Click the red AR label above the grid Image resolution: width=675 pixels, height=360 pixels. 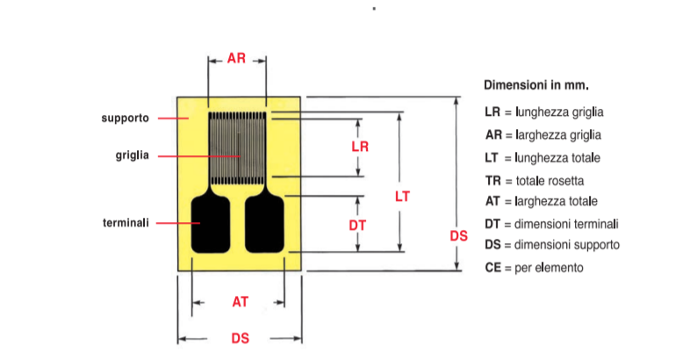click(x=236, y=58)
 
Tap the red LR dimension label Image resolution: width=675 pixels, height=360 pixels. click(x=360, y=147)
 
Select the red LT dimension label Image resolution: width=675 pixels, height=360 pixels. click(x=402, y=197)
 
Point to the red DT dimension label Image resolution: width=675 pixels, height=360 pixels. click(x=357, y=225)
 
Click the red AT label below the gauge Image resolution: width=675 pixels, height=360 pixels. click(x=241, y=302)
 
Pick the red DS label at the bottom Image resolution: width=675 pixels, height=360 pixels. click(x=241, y=338)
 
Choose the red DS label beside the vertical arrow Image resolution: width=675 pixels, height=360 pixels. click(x=458, y=236)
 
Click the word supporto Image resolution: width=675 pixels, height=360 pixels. click(x=126, y=119)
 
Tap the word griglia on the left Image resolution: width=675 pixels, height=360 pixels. click(x=133, y=155)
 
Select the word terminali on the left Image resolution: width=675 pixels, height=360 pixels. click(x=126, y=223)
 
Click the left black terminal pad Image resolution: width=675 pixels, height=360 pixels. click(x=211, y=225)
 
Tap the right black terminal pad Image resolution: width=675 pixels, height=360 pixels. click(x=264, y=225)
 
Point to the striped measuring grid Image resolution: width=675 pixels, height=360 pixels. click(x=237, y=148)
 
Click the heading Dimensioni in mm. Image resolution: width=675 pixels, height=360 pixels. click(x=536, y=85)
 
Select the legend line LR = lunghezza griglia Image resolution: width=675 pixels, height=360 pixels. click(x=544, y=112)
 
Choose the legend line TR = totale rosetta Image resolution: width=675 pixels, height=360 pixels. click(x=535, y=180)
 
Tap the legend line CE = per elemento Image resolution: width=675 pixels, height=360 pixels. click(x=535, y=268)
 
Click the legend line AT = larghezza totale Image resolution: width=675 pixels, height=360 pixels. click(x=542, y=201)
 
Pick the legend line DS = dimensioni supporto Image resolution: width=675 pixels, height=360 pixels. click(x=552, y=245)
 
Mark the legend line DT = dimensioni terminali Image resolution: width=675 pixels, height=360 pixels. click(x=552, y=224)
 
